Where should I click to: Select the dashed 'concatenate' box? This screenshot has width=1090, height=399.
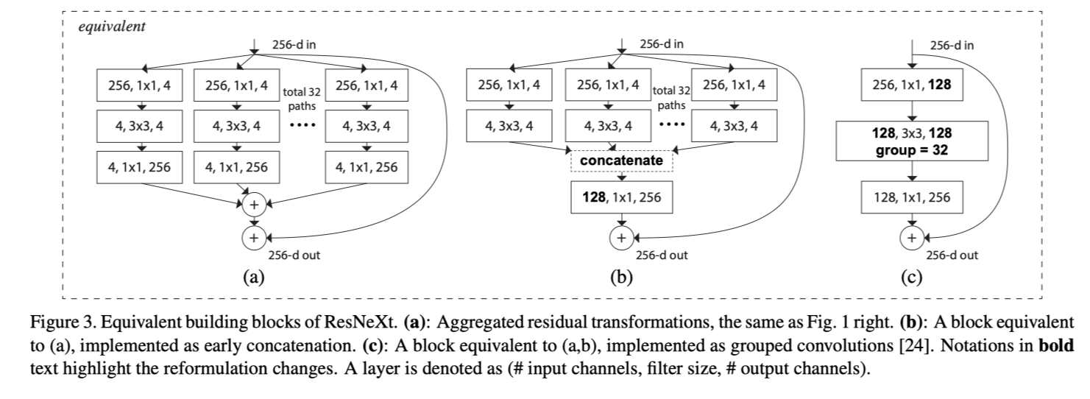(x=621, y=160)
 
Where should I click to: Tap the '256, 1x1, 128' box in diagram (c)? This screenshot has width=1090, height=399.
(x=911, y=86)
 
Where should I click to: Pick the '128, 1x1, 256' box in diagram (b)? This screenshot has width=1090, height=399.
(x=621, y=197)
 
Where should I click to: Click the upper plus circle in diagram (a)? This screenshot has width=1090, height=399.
(x=254, y=202)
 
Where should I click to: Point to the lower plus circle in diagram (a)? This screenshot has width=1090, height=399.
(x=254, y=237)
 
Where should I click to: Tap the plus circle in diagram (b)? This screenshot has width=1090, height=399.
(x=621, y=237)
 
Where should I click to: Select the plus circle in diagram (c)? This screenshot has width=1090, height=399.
(x=911, y=237)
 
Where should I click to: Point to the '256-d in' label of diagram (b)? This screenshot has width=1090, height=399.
(x=661, y=44)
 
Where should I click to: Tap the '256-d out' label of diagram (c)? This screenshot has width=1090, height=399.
(x=952, y=255)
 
